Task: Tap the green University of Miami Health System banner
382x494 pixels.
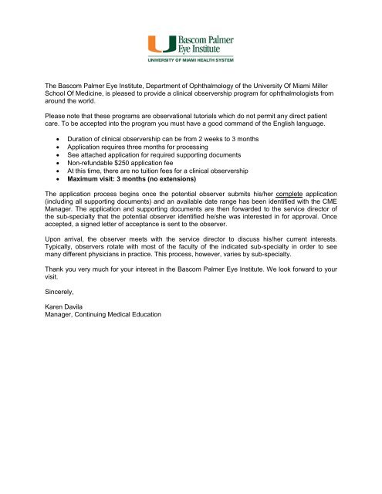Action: [191, 58]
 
